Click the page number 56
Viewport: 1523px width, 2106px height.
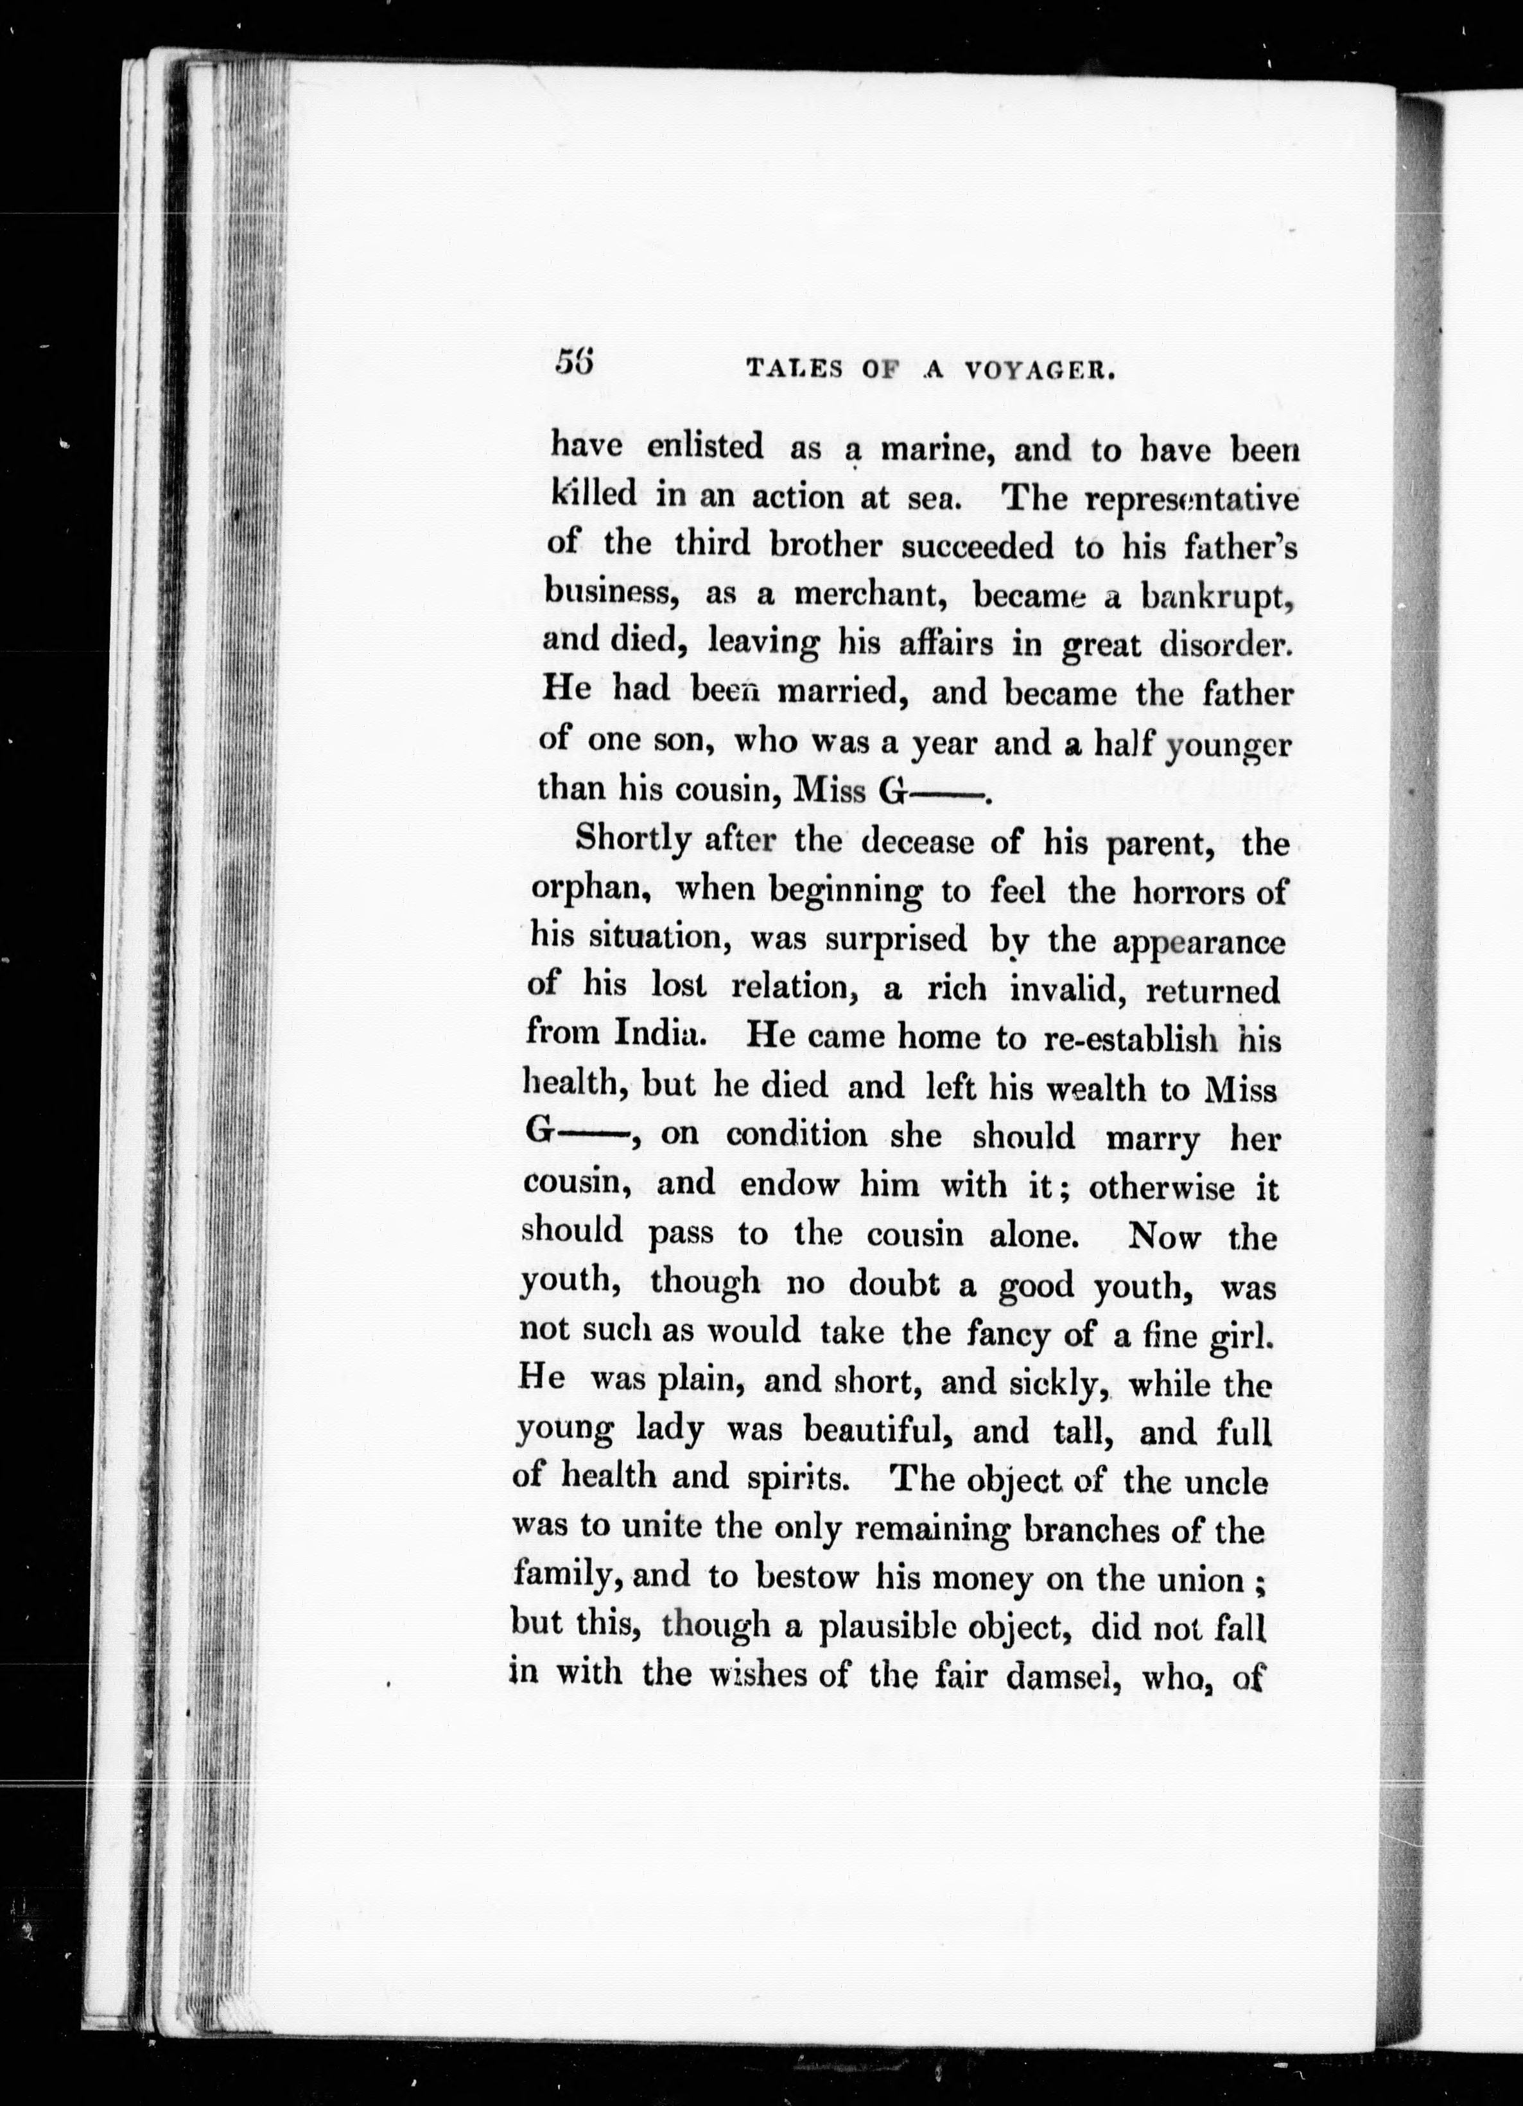576,362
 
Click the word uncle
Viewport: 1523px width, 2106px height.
1229,1481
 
